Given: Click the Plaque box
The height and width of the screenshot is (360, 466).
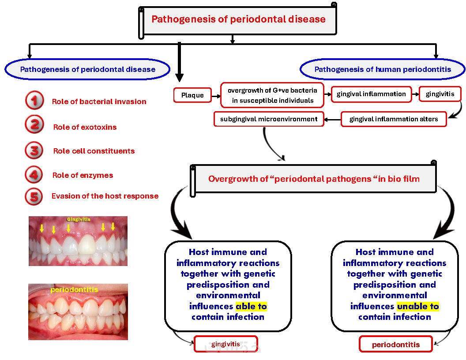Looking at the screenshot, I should (x=192, y=95).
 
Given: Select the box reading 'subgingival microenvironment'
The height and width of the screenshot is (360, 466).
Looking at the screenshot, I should (x=269, y=119).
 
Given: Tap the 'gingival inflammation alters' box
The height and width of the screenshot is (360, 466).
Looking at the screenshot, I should (x=394, y=119).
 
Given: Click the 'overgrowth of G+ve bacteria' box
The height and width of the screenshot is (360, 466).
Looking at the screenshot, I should (x=272, y=95).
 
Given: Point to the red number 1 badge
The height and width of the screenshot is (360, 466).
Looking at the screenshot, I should (x=34, y=101).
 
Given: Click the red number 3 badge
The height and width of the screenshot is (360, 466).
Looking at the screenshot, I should (x=34, y=151).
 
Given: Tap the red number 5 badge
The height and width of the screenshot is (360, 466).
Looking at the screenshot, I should (x=34, y=196).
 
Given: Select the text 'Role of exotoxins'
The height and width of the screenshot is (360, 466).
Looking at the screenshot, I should (x=85, y=127).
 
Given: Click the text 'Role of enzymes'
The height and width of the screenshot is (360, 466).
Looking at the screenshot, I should (x=83, y=175).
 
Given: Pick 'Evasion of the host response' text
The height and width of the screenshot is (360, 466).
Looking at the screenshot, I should (x=105, y=196).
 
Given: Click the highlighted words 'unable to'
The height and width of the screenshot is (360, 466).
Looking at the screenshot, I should (x=418, y=306).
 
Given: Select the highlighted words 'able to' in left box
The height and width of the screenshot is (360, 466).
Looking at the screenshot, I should (x=251, y=306).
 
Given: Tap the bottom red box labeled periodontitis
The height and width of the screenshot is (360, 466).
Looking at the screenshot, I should (x=396, y=345).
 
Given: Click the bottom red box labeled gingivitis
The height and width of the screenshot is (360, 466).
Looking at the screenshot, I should (x=225, y=344).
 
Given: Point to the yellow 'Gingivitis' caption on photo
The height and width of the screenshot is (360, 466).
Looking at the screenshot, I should (x=78, y=219).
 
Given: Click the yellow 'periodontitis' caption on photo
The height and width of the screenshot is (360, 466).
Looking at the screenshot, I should (x=74, y=290).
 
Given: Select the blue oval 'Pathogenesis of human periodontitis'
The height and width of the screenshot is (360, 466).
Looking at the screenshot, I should (x=383, y=70).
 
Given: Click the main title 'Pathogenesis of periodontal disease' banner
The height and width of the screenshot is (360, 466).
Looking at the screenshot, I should (x=239, y=19).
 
